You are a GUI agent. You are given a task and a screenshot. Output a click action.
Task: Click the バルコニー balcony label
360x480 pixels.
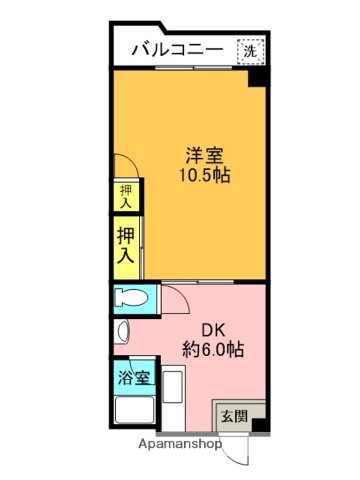tap(177, 50)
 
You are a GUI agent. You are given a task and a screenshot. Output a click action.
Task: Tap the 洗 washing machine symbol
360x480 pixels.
tap(251, 51)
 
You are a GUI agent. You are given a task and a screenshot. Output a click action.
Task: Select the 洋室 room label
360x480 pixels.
tap(204, 155)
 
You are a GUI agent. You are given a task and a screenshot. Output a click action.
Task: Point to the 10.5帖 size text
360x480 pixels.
tap(205, 175)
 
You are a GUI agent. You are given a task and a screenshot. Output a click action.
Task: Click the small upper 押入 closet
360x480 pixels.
tap(126, 196)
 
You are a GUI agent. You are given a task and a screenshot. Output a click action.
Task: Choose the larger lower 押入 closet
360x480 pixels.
tap(126, 246)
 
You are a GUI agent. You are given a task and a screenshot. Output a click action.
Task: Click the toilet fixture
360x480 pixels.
tap(132, 298)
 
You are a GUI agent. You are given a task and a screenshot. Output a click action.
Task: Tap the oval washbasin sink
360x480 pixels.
tap(123, 331)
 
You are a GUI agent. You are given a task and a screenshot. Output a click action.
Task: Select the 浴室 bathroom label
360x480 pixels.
tap(134, 378)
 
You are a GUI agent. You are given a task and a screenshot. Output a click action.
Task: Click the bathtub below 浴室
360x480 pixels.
tap(134, 410)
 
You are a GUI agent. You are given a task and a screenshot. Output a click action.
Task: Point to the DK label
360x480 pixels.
tap(213, 331)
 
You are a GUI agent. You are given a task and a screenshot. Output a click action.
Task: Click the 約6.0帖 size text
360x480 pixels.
tap(213, 350)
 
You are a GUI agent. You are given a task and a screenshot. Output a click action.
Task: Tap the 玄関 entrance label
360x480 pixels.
tap(235, 416)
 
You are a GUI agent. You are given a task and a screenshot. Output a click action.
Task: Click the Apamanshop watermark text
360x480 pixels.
tap(180, 444)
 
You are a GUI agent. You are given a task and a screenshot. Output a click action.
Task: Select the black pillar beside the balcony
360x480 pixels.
tap(257, 78)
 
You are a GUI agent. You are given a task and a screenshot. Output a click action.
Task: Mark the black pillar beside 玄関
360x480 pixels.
tap(259, 426)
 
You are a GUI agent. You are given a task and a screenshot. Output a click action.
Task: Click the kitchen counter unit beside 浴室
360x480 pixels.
tap(173, 398)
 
